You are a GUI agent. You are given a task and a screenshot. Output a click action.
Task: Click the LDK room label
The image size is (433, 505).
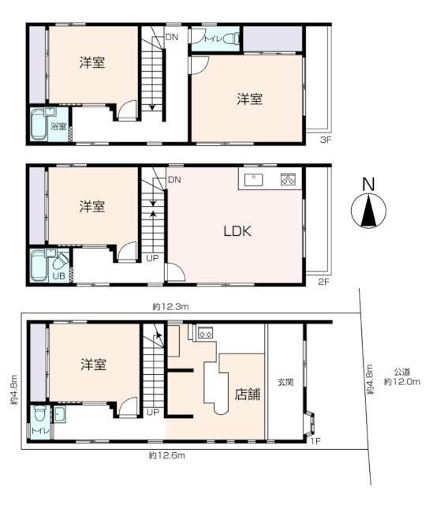(237, 231)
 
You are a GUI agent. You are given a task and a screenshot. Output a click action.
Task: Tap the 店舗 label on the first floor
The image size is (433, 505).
(247, 395)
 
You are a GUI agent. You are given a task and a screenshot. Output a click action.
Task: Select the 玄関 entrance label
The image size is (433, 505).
(286, 382)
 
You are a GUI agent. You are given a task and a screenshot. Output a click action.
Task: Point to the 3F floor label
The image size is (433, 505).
(326, 140)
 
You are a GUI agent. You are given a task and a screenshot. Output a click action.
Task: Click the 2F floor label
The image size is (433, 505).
(324, 282)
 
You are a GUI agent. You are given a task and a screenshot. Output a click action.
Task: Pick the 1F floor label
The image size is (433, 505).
(315, 440)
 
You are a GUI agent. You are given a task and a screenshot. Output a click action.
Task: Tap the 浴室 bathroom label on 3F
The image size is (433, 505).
(58, 126)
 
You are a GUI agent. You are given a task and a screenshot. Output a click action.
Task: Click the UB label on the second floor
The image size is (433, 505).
(58, 275)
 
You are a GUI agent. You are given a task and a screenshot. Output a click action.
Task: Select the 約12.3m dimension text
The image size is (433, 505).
(170, 307)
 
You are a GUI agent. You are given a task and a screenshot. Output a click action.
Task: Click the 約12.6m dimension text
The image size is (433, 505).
(166, 455)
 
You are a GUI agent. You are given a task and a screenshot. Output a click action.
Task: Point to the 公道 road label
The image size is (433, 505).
(402, 372)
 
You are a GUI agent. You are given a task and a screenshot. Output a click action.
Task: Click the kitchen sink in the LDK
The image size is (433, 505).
(253, 180)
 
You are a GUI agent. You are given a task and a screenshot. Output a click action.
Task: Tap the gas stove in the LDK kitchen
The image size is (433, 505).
(288, 179)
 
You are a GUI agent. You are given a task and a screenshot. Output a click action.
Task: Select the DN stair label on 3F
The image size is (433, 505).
(172, 37)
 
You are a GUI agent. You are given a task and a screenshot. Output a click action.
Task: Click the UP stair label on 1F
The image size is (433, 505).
(153, 412)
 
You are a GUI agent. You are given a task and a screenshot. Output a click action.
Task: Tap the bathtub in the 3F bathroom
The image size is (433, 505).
(39, 125)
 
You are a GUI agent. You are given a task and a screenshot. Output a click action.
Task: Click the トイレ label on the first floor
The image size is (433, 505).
(40, 431)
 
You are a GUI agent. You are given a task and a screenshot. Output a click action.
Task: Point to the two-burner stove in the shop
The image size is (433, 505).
(205, 333)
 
